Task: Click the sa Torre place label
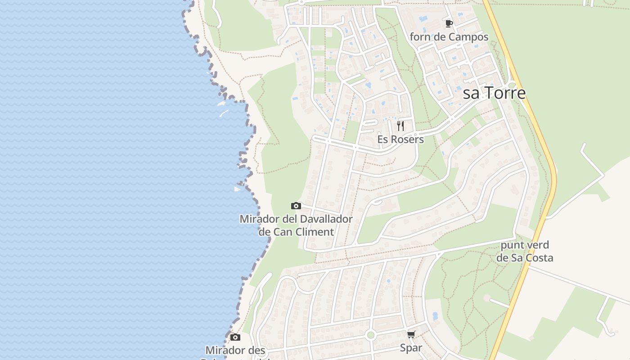(494, 93)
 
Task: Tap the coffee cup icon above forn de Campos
(449, 23)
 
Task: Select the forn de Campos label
(449, 37)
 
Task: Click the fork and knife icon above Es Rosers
(400, 126)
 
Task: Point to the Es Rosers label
(400, 139)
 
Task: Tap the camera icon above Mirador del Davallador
(296, 206)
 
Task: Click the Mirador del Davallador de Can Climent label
(296, 225)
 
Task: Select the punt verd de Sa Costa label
(525, 252)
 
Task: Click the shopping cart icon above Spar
(411, 334)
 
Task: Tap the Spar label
(411, 348)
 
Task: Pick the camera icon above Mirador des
(235, 337)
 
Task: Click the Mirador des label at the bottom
(235, 350)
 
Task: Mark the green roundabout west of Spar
(370, 335)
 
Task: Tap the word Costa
(539, 258)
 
